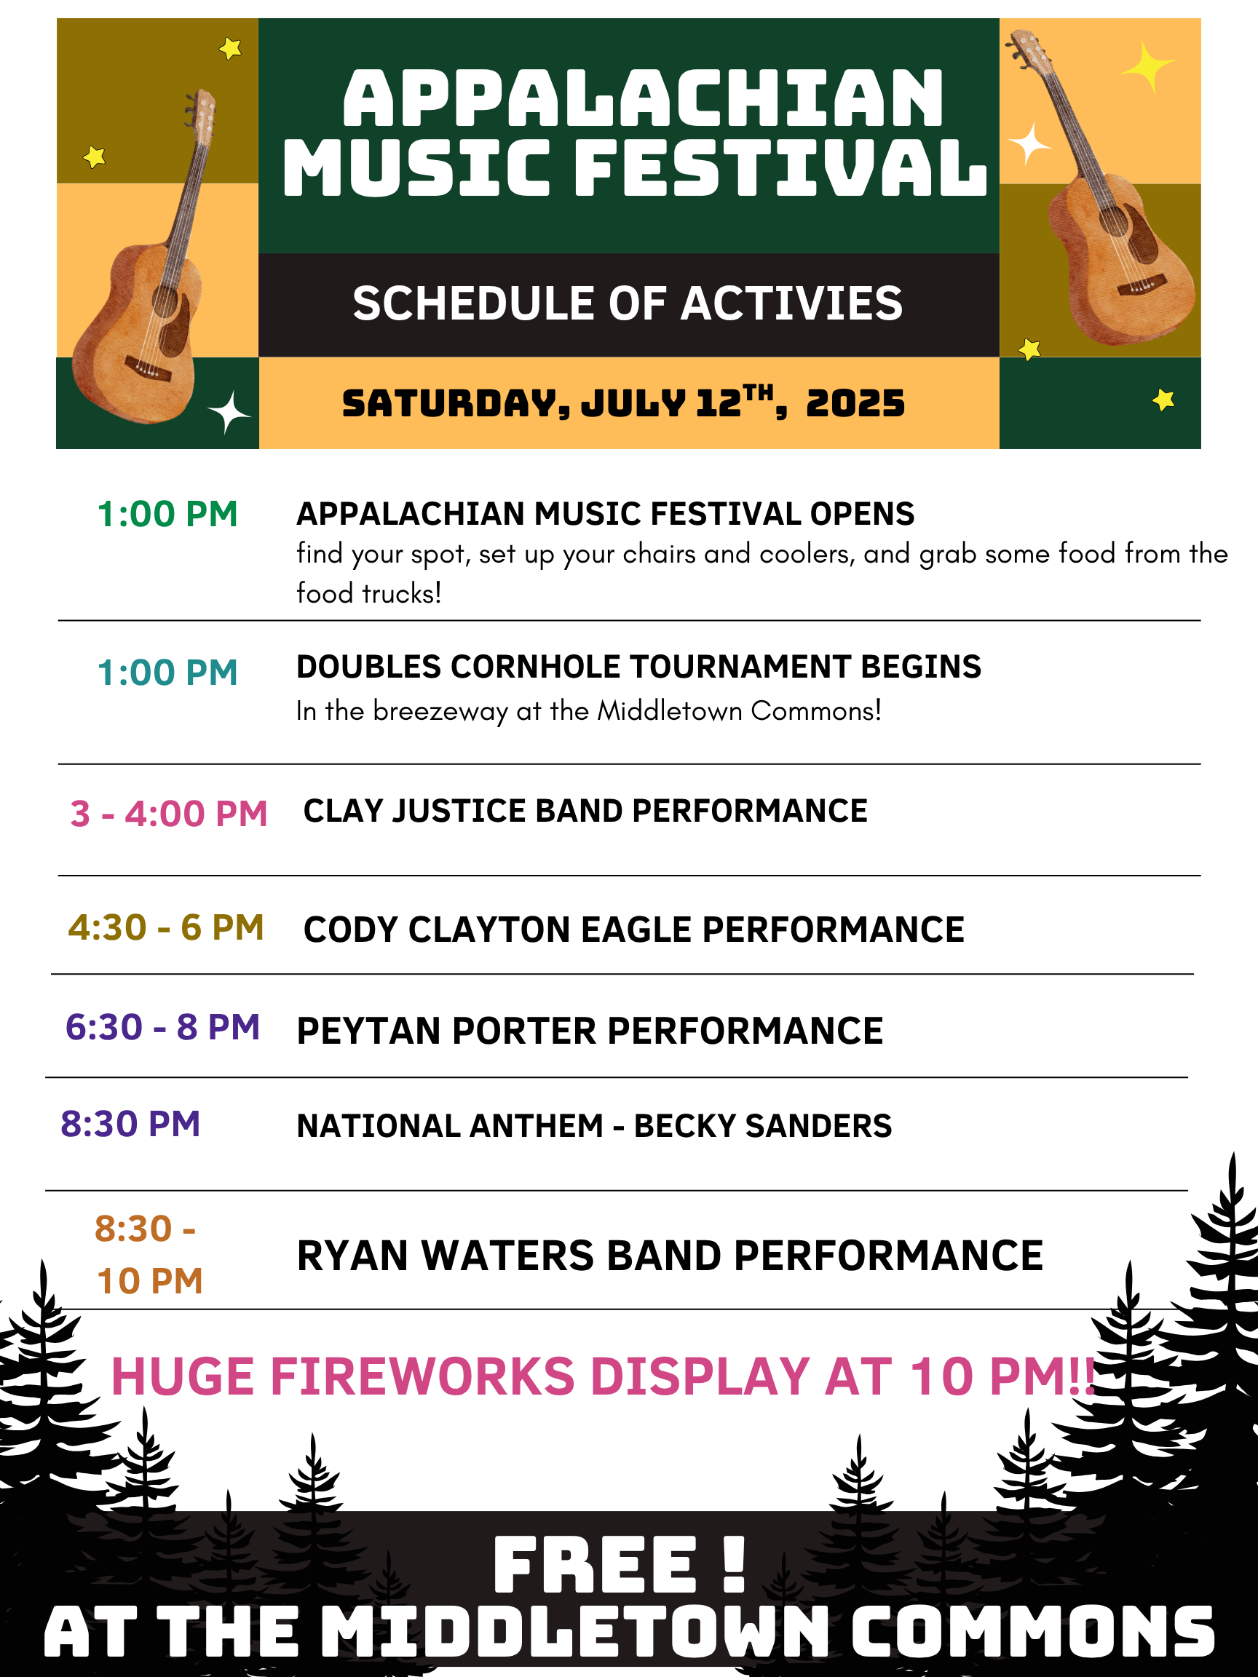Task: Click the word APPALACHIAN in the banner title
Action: point(643,98)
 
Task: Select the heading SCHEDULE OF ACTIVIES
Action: point(628,304)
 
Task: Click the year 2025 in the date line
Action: point(855,403)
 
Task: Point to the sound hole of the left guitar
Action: point(165,301)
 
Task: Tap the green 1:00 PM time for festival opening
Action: point(167,514)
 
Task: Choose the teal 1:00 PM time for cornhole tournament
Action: point(167,673)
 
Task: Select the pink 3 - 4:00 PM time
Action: point(168,814)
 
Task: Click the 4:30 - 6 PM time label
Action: point(166,927)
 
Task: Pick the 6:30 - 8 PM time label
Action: point(162,1027)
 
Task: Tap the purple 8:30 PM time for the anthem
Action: point(130,1124)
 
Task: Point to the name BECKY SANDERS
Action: point(763,1126)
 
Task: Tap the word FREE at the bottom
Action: point(595,1565)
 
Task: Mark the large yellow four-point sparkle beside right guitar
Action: point(1147,66)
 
